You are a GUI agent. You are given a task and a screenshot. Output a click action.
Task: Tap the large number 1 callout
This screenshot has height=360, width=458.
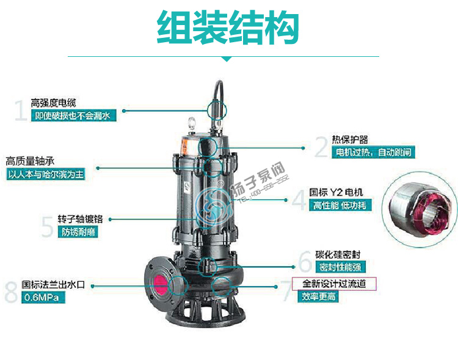click(x=20, y=110)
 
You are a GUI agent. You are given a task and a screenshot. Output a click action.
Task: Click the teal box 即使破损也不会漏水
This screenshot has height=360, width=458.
click(x=73, y=116)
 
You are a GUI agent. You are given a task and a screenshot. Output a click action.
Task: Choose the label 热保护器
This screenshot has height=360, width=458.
click(x=350, y=140)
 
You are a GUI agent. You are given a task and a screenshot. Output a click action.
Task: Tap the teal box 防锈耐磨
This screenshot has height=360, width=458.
click(x=78, y=232)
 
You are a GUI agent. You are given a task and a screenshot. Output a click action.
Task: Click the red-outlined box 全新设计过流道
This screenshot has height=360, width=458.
click(x=338, y=284)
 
